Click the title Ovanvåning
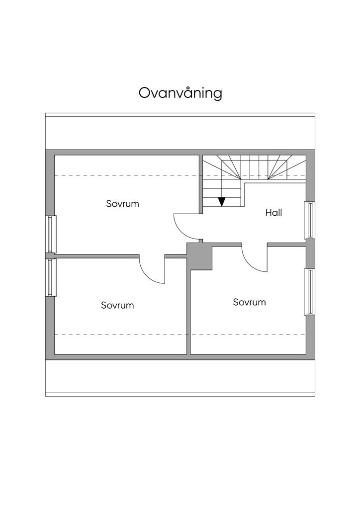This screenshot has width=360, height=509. [180, 93]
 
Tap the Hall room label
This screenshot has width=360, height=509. [273, 213]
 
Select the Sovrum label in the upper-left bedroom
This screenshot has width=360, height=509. [122, 204]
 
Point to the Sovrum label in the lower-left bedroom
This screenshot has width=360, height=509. [117, 305]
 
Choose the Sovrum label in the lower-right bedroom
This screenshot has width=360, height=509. [249, 302]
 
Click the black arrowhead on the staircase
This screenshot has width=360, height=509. [222, 202]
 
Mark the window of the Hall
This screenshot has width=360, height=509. [310, 220]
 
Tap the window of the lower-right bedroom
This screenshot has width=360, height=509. [310, 291]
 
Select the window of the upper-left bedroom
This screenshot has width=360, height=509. [51, 234]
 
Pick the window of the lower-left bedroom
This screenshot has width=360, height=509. [51, 277]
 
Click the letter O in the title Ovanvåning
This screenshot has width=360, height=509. [144, 93]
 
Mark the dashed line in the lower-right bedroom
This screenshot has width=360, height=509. [249, 335]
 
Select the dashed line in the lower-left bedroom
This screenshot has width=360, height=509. [119, 335]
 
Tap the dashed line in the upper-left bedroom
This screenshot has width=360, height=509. [124, 176]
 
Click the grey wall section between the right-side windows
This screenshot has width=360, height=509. [310, 254]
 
